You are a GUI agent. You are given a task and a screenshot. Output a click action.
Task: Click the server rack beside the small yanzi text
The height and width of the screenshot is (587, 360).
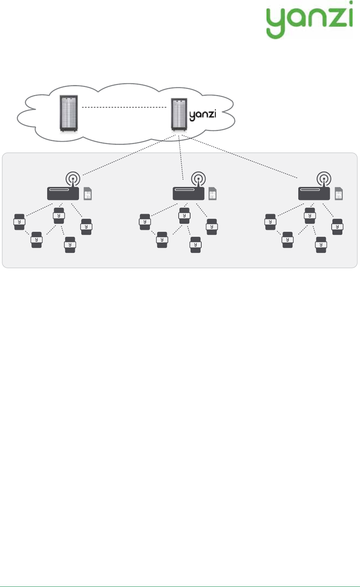179,114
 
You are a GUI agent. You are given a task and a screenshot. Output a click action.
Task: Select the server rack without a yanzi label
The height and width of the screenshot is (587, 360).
69,114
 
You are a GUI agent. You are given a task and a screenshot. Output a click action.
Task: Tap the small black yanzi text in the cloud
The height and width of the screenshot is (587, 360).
203,115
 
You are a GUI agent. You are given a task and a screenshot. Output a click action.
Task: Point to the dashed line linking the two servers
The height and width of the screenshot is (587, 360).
125,107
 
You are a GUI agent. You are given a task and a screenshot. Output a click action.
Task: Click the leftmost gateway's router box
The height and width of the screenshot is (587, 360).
63,193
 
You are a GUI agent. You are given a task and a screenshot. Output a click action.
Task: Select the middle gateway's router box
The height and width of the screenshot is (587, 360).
188,193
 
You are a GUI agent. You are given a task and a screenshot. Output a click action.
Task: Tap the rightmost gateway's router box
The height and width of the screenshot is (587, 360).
314,193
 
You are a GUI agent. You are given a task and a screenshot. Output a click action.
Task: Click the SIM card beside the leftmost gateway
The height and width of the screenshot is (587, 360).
88,194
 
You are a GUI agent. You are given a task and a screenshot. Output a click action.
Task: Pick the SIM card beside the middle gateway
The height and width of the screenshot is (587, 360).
212,194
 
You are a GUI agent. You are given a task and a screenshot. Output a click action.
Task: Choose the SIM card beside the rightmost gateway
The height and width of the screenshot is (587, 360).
339,194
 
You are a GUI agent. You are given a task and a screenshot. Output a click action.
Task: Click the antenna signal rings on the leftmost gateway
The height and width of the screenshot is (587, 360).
73,178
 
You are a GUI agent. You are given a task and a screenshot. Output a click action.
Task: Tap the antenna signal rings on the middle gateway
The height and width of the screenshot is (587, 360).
198,178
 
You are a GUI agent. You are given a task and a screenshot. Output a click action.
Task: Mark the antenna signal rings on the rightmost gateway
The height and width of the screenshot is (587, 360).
324,178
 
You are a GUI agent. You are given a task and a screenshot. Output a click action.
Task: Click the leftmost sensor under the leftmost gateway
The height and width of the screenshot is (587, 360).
19,222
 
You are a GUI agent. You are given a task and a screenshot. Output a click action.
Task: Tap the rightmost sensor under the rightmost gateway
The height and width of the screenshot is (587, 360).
337,226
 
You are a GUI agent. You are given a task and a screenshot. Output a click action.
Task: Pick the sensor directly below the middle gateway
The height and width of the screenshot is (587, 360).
184,216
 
